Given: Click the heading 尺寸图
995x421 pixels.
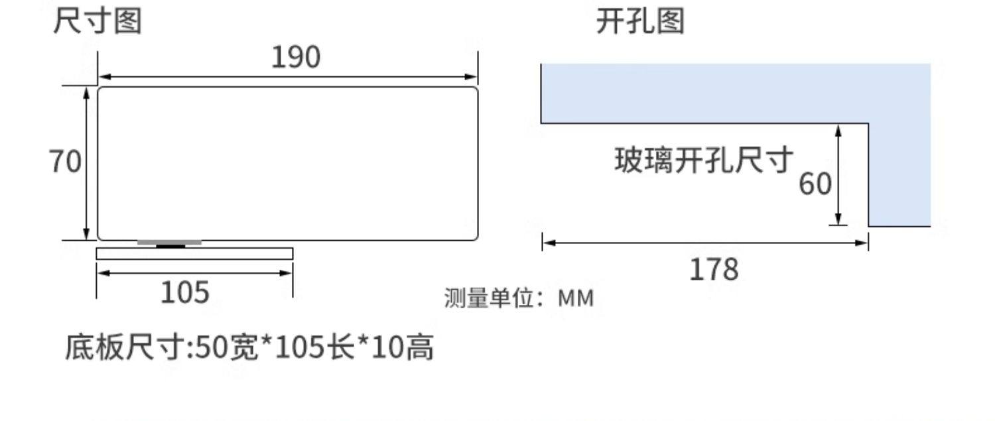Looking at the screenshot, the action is point(98,22).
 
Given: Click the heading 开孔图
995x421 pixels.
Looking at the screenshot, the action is point(639,22).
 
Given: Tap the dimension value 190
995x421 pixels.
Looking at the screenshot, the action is point(296,58).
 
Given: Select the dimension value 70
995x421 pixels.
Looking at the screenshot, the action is point(65,161).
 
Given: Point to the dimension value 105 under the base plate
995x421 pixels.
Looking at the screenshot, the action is point(184,292).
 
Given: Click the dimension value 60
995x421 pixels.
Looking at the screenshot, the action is point(815,183).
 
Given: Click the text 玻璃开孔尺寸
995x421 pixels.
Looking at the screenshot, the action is point(704,160).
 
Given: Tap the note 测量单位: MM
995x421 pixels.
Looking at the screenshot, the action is point(519,299).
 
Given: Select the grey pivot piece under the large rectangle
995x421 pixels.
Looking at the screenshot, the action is point(170,243).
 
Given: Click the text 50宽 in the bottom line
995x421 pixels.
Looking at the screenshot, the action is point(227,347).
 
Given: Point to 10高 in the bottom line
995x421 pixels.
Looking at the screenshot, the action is point(403,347).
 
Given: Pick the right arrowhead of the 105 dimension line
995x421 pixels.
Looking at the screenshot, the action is point(287,272).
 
